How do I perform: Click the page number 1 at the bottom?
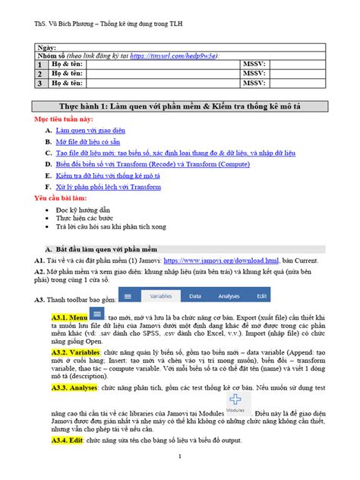point(178,456)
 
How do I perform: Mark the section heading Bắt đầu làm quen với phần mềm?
point(112,248)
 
